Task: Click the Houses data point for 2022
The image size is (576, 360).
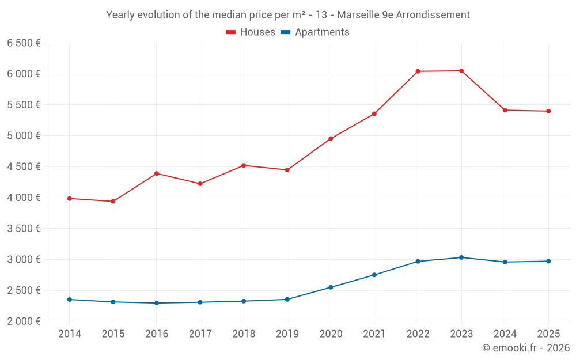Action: click(418, 71)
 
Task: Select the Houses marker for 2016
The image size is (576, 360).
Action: click(157, 173)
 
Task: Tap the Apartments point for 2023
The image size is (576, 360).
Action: click(461, 257)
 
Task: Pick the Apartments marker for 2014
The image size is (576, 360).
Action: click(70, 300)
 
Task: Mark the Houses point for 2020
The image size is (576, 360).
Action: click(331, 138)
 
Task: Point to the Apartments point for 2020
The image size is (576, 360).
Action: click(331, 287)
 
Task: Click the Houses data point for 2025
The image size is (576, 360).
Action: click(548, 111)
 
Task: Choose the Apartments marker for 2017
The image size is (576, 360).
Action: click(200, 302)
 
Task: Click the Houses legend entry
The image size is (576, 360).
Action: click(251, 32)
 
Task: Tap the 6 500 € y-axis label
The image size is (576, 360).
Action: click(24, 43)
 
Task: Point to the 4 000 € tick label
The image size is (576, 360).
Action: click(24, 198)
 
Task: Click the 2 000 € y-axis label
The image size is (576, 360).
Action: click(24, 321)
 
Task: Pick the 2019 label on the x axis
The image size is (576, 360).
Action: click(287, 334)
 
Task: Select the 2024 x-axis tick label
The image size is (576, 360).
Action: click(505, 334)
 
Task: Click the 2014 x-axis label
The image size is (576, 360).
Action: click(70, 334)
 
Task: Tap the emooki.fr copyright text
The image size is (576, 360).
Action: click(526, 348)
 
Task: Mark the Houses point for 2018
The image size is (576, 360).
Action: click(244, 165)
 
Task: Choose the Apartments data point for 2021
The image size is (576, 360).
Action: click(374, 275)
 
